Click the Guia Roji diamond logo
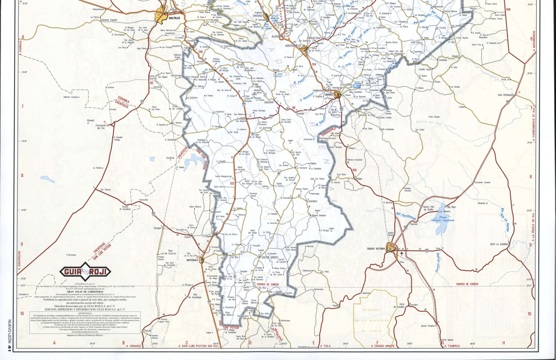pos(85,272)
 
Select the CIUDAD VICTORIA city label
pos(376,249)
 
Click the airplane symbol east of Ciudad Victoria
pos(402,254)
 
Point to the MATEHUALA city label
pos(192,260)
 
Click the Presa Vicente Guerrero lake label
pos(443,219)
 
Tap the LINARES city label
pos(329,94)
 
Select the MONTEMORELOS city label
pos(293,46)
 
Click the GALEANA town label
pos(269,102)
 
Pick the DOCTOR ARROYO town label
pos(270,257)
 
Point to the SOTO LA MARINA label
pos(499,244)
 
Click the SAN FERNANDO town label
pos(506,95)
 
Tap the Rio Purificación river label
pos(406,216)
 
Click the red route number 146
pos(508,9)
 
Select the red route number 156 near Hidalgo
pos(354,170)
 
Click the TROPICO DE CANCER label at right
pos(467,284)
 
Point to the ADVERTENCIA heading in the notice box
pos(85,313)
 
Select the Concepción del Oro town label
pos(101,127)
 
